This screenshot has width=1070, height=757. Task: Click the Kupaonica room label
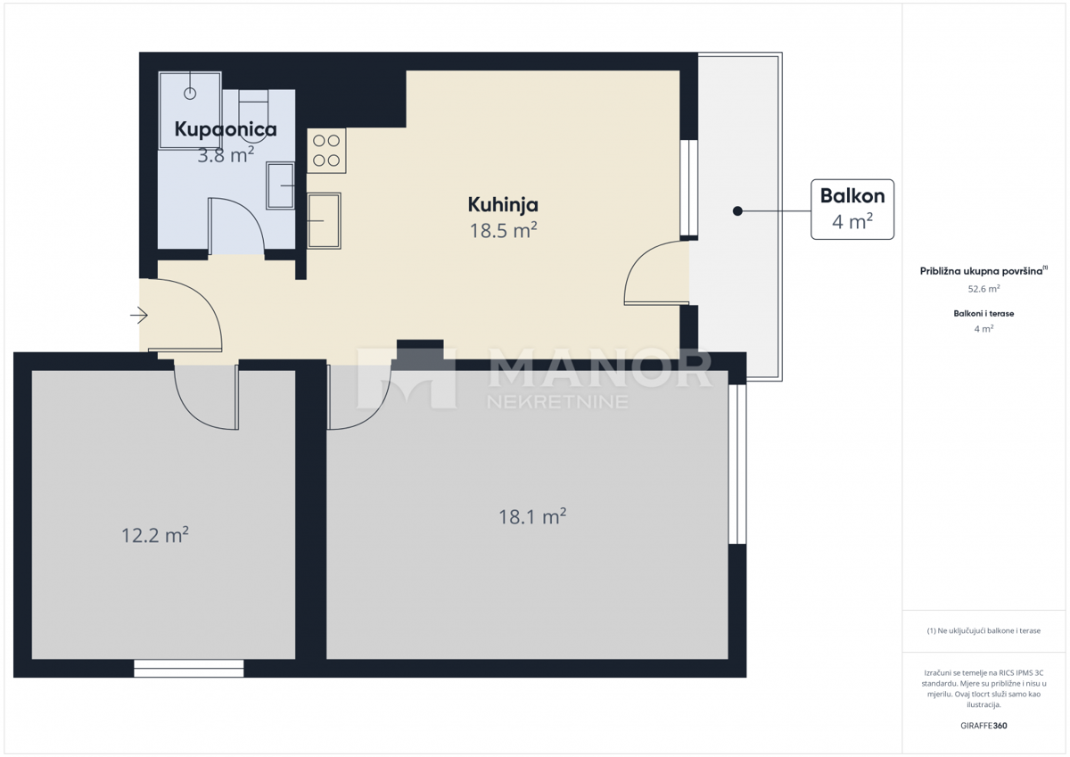pos(226,129)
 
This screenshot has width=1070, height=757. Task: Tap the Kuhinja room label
pos(503,205)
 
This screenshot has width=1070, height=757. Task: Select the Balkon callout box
pos(852,210)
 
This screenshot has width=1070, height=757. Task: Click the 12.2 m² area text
pos(155,535)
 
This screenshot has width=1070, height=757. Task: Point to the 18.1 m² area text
pos(533,516)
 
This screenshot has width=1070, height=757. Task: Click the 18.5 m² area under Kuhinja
pos(503,231)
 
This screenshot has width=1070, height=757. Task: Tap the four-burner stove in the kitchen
pos(326,151)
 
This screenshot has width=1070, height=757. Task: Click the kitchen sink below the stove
pos(324,220)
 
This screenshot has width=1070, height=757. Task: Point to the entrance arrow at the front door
pos(138,315)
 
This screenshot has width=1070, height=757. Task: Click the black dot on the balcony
pos(737,211)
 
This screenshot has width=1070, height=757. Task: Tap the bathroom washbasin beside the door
pos(281,185)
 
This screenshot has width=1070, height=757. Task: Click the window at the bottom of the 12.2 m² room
pos(188,668)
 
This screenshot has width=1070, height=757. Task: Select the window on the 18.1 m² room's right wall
pos(737,464)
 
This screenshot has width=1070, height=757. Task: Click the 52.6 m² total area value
pos(984,289)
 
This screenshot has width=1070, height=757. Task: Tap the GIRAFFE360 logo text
pos(984,725)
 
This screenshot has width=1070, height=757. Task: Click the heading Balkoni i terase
pos(984,313)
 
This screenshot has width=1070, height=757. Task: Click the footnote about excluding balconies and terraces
pos(984,630)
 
